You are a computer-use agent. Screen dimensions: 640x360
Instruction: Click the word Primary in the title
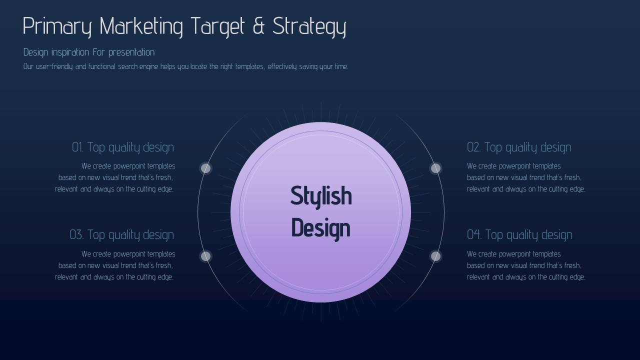[x=57, y=27]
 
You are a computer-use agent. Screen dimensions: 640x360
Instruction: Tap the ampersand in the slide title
[x=258, y=25]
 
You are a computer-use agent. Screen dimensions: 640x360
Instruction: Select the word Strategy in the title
[x=309, y=27]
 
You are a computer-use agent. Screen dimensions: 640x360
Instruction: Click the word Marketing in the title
[x=141, y=27]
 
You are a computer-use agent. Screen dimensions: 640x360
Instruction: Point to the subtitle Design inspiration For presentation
[x=89, y=52]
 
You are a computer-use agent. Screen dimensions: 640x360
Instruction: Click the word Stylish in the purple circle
[x=321, y=196]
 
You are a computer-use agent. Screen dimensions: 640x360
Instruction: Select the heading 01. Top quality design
[x=123, y=147]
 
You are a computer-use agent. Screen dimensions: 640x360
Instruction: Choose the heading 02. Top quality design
[x=519, y=147]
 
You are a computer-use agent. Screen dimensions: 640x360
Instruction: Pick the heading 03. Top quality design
[x=121, y=235]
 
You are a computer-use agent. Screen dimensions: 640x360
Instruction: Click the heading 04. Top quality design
[x=519, y=235]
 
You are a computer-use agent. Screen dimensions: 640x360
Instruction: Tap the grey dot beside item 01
[x=205, y=168]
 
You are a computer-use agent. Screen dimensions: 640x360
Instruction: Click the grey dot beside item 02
[x=435, y=168]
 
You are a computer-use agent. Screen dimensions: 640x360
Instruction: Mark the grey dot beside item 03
[x=205, y=256]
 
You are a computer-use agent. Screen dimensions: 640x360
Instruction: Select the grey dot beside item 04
[x=435, y=256]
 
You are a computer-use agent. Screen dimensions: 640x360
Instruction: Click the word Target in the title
[x=217, y=27]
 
